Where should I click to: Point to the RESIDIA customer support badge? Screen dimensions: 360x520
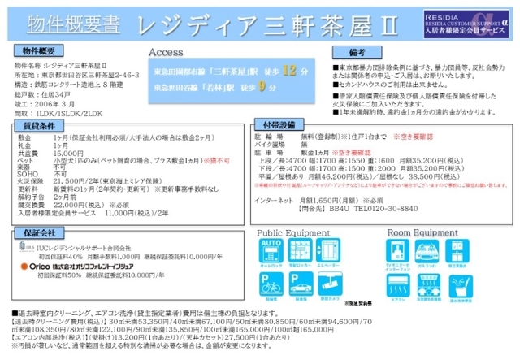pos(468,20)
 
